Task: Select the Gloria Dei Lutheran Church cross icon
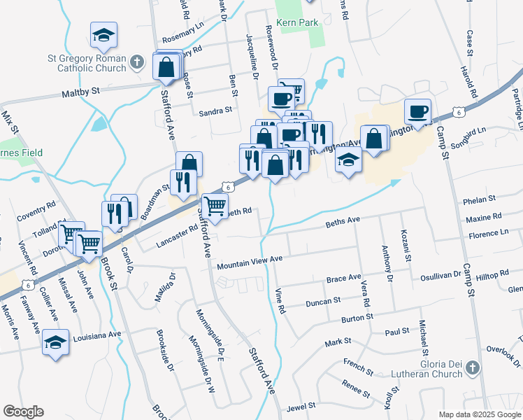point(473,367)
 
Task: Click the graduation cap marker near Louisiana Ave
point(56,343)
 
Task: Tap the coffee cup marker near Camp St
point(418,112)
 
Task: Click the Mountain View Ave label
point(249,262)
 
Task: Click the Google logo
point(23,412)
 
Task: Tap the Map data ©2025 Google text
point(480,414)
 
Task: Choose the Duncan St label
point(322,302)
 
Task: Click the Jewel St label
point(301,407)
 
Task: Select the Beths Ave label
point(343,222)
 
